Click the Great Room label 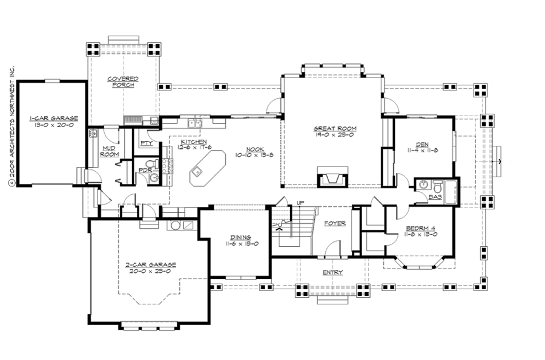(334, 128)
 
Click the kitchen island (205, 168)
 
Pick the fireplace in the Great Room (332, 179)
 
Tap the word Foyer (334, 223)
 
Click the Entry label (332, 272)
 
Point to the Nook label (254, 149)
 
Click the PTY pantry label (145, 143)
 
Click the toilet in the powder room (156, 163)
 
